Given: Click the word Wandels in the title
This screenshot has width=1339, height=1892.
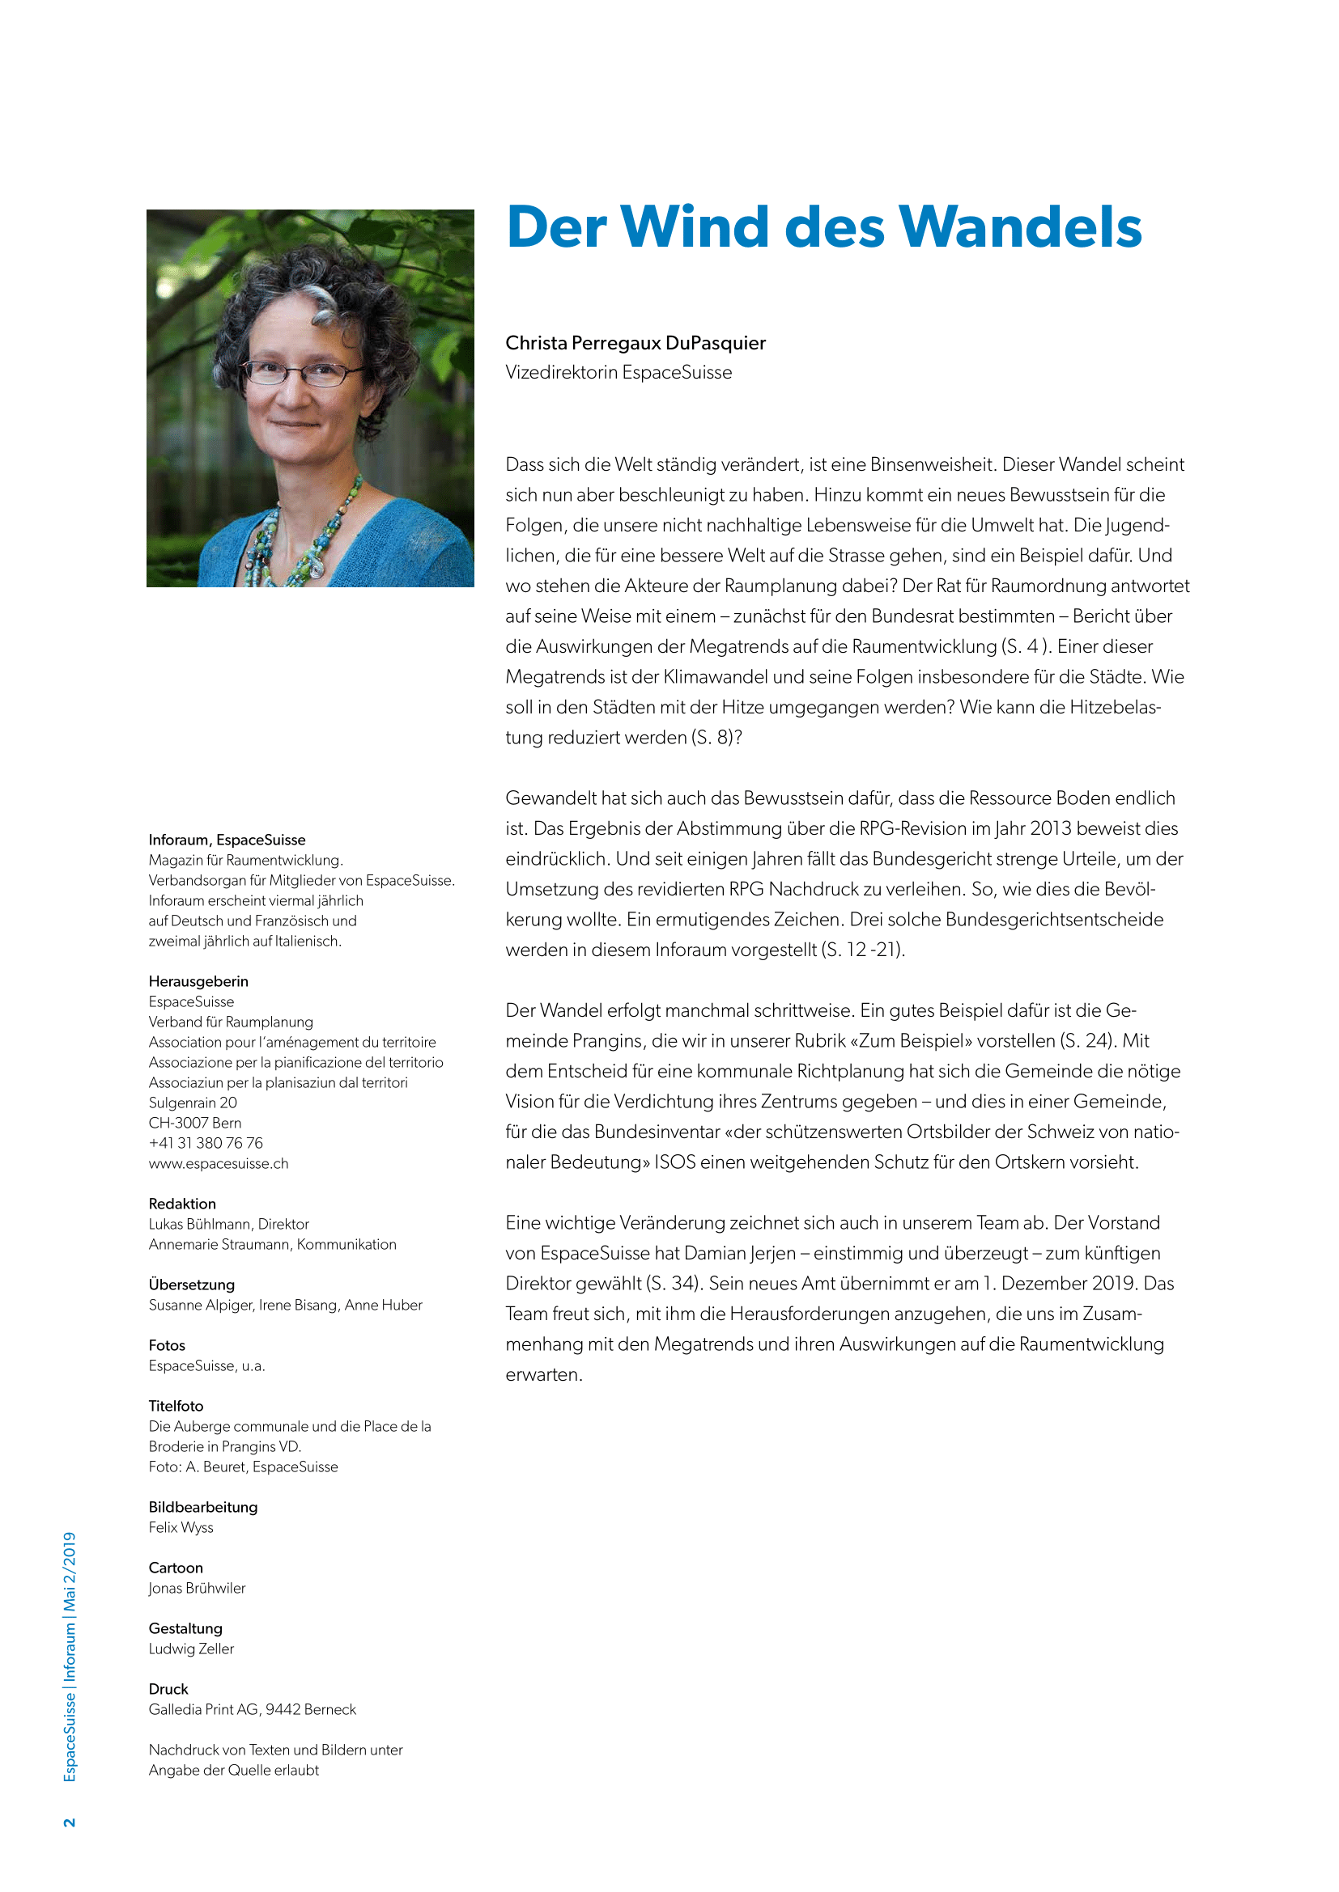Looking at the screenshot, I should pos(1019,227).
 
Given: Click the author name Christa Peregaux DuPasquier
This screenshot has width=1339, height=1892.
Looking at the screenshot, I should pos(635,343).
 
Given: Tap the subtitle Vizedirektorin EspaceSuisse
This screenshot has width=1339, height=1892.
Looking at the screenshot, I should pos(618,372).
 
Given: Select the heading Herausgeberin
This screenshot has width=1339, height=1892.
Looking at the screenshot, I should pos(198,981).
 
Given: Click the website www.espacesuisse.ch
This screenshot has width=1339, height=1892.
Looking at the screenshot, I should pos(219,1163).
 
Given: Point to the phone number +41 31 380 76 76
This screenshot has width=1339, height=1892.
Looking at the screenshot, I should pos(206,1143).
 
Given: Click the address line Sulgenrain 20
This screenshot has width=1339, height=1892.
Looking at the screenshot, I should pos(192,1103).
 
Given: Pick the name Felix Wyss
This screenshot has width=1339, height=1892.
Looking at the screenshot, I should pos(181,1527).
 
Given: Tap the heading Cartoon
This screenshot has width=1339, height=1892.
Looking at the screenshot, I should pos(176,1568).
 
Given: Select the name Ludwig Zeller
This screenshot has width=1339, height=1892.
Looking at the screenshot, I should pos(191,1648).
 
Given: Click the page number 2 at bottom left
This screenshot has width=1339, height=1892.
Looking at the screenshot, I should pos(70,1822).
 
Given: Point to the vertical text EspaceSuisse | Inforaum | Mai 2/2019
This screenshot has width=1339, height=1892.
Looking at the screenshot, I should pos(70,1657).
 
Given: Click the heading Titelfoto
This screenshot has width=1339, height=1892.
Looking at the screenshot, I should pos(176,1406).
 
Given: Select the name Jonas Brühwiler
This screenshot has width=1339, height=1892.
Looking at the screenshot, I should pos(197,1588).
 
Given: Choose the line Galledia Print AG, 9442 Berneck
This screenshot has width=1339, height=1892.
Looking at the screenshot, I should pos(253,1709).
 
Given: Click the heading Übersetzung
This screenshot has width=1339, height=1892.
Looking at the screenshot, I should pos(191,1285).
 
